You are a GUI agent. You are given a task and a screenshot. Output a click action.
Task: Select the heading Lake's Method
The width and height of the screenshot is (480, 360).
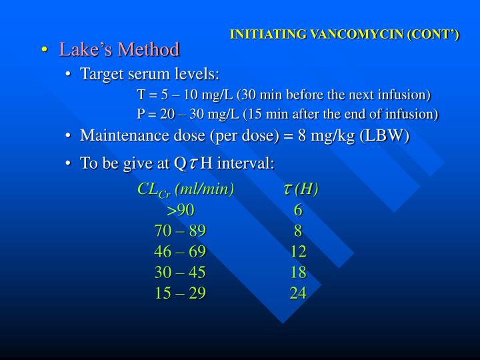click(119, 49)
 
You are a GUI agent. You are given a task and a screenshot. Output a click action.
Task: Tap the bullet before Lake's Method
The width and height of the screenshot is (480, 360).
click(44, 50)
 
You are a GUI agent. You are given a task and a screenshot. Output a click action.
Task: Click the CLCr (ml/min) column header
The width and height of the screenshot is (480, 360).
click(185, 189)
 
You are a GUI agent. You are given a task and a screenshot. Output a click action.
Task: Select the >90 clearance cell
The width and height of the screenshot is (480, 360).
click(181, 211)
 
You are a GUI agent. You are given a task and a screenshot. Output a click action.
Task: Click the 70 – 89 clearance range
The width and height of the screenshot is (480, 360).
click(180, 231)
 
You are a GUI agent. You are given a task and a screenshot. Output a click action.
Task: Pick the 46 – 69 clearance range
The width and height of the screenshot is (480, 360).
click(180, 251)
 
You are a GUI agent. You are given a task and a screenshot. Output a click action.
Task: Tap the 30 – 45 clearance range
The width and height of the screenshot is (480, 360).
click(180, 272)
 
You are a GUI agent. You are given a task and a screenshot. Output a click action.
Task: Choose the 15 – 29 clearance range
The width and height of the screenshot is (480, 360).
click(180, 293)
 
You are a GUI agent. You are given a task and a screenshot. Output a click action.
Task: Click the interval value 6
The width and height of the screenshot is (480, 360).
click(298, 211)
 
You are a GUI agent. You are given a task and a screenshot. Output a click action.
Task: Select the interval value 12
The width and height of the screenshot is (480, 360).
click(298, 251)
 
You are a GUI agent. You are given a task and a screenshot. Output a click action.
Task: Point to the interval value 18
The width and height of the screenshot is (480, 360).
click(298, 272)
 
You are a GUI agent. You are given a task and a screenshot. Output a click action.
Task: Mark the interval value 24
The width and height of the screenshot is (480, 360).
click(298, 293)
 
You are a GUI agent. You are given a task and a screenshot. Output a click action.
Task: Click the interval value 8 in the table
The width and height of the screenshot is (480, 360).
click(298, 231)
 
